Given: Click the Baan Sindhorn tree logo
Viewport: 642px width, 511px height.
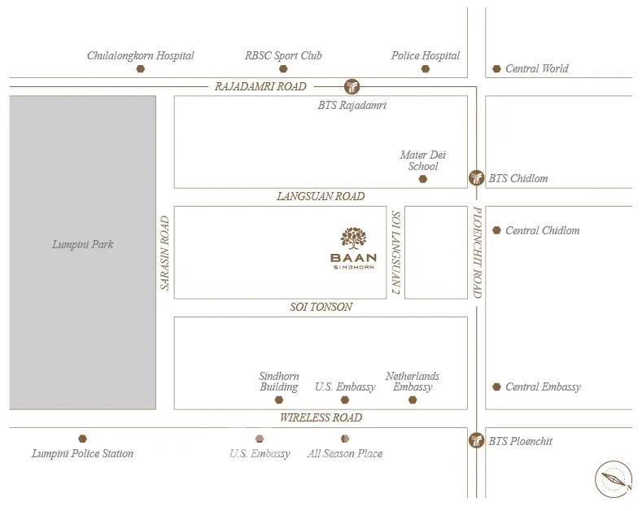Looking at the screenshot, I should [x=352, y=238].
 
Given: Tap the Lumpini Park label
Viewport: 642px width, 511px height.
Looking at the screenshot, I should [x=82, y=244].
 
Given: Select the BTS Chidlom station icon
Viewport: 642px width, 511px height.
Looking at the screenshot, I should [x=476, y=178].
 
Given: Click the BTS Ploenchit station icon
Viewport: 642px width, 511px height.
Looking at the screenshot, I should [x=476, y=441].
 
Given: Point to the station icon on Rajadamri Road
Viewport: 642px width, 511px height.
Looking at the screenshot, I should [x=352, y=85].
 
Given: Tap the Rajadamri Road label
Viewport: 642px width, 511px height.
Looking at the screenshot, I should [x=260, y=86].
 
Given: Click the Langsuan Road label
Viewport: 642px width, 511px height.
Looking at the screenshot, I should [x=321, y=196].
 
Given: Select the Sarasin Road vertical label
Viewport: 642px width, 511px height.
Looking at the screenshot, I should [x=164, y=252].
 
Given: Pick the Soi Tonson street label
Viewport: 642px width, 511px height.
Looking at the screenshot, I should [x=321, y=307].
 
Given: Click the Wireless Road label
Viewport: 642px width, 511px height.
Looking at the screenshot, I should [x=321, y=417].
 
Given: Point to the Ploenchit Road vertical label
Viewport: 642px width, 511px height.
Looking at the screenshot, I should [x=478, y=252].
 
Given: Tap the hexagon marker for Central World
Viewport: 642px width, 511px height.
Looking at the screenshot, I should [x=496, y=69].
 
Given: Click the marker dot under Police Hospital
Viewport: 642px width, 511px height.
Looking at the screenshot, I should [x=425, y=69].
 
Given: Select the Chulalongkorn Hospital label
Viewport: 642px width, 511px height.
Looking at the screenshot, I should [x=141, y=55].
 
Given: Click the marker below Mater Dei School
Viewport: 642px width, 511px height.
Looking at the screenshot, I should [x=422, y=178].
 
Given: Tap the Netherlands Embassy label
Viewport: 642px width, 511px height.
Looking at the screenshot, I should [x=413, y=382].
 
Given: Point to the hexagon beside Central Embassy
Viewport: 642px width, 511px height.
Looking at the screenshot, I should [x=496, y=387].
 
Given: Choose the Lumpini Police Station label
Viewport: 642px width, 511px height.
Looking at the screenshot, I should [x=82, y=453].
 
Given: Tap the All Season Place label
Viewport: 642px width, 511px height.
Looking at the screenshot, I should [x=345, y=453].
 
